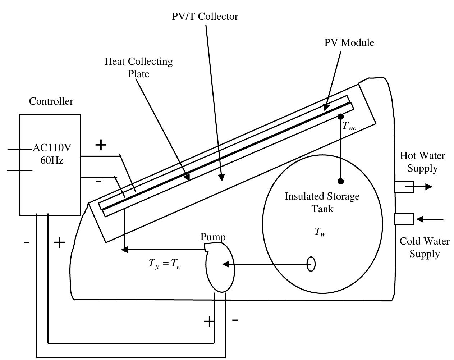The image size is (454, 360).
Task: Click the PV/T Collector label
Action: point(205,17)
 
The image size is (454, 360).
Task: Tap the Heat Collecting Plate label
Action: point(139,68)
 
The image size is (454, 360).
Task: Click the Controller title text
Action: point(51,101)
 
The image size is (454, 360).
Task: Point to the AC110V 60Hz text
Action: point(52,154)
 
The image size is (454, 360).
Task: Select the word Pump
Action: point(213,237)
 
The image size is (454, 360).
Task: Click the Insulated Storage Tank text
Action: point(322,202)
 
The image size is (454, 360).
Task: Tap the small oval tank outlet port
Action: point(311,264)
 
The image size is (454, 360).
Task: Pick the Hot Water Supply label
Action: point(422,162)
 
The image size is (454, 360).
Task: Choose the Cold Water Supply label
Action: point(425,247)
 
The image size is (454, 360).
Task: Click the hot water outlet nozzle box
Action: point(404,187)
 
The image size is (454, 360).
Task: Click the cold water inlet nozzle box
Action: point(404,219)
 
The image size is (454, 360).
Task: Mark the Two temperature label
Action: point(349,126)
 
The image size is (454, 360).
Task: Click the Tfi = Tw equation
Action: point(165,264)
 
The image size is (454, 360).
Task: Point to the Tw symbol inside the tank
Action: point(320,232)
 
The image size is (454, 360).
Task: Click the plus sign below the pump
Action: point(209,321)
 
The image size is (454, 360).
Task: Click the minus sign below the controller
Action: point(27,243)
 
